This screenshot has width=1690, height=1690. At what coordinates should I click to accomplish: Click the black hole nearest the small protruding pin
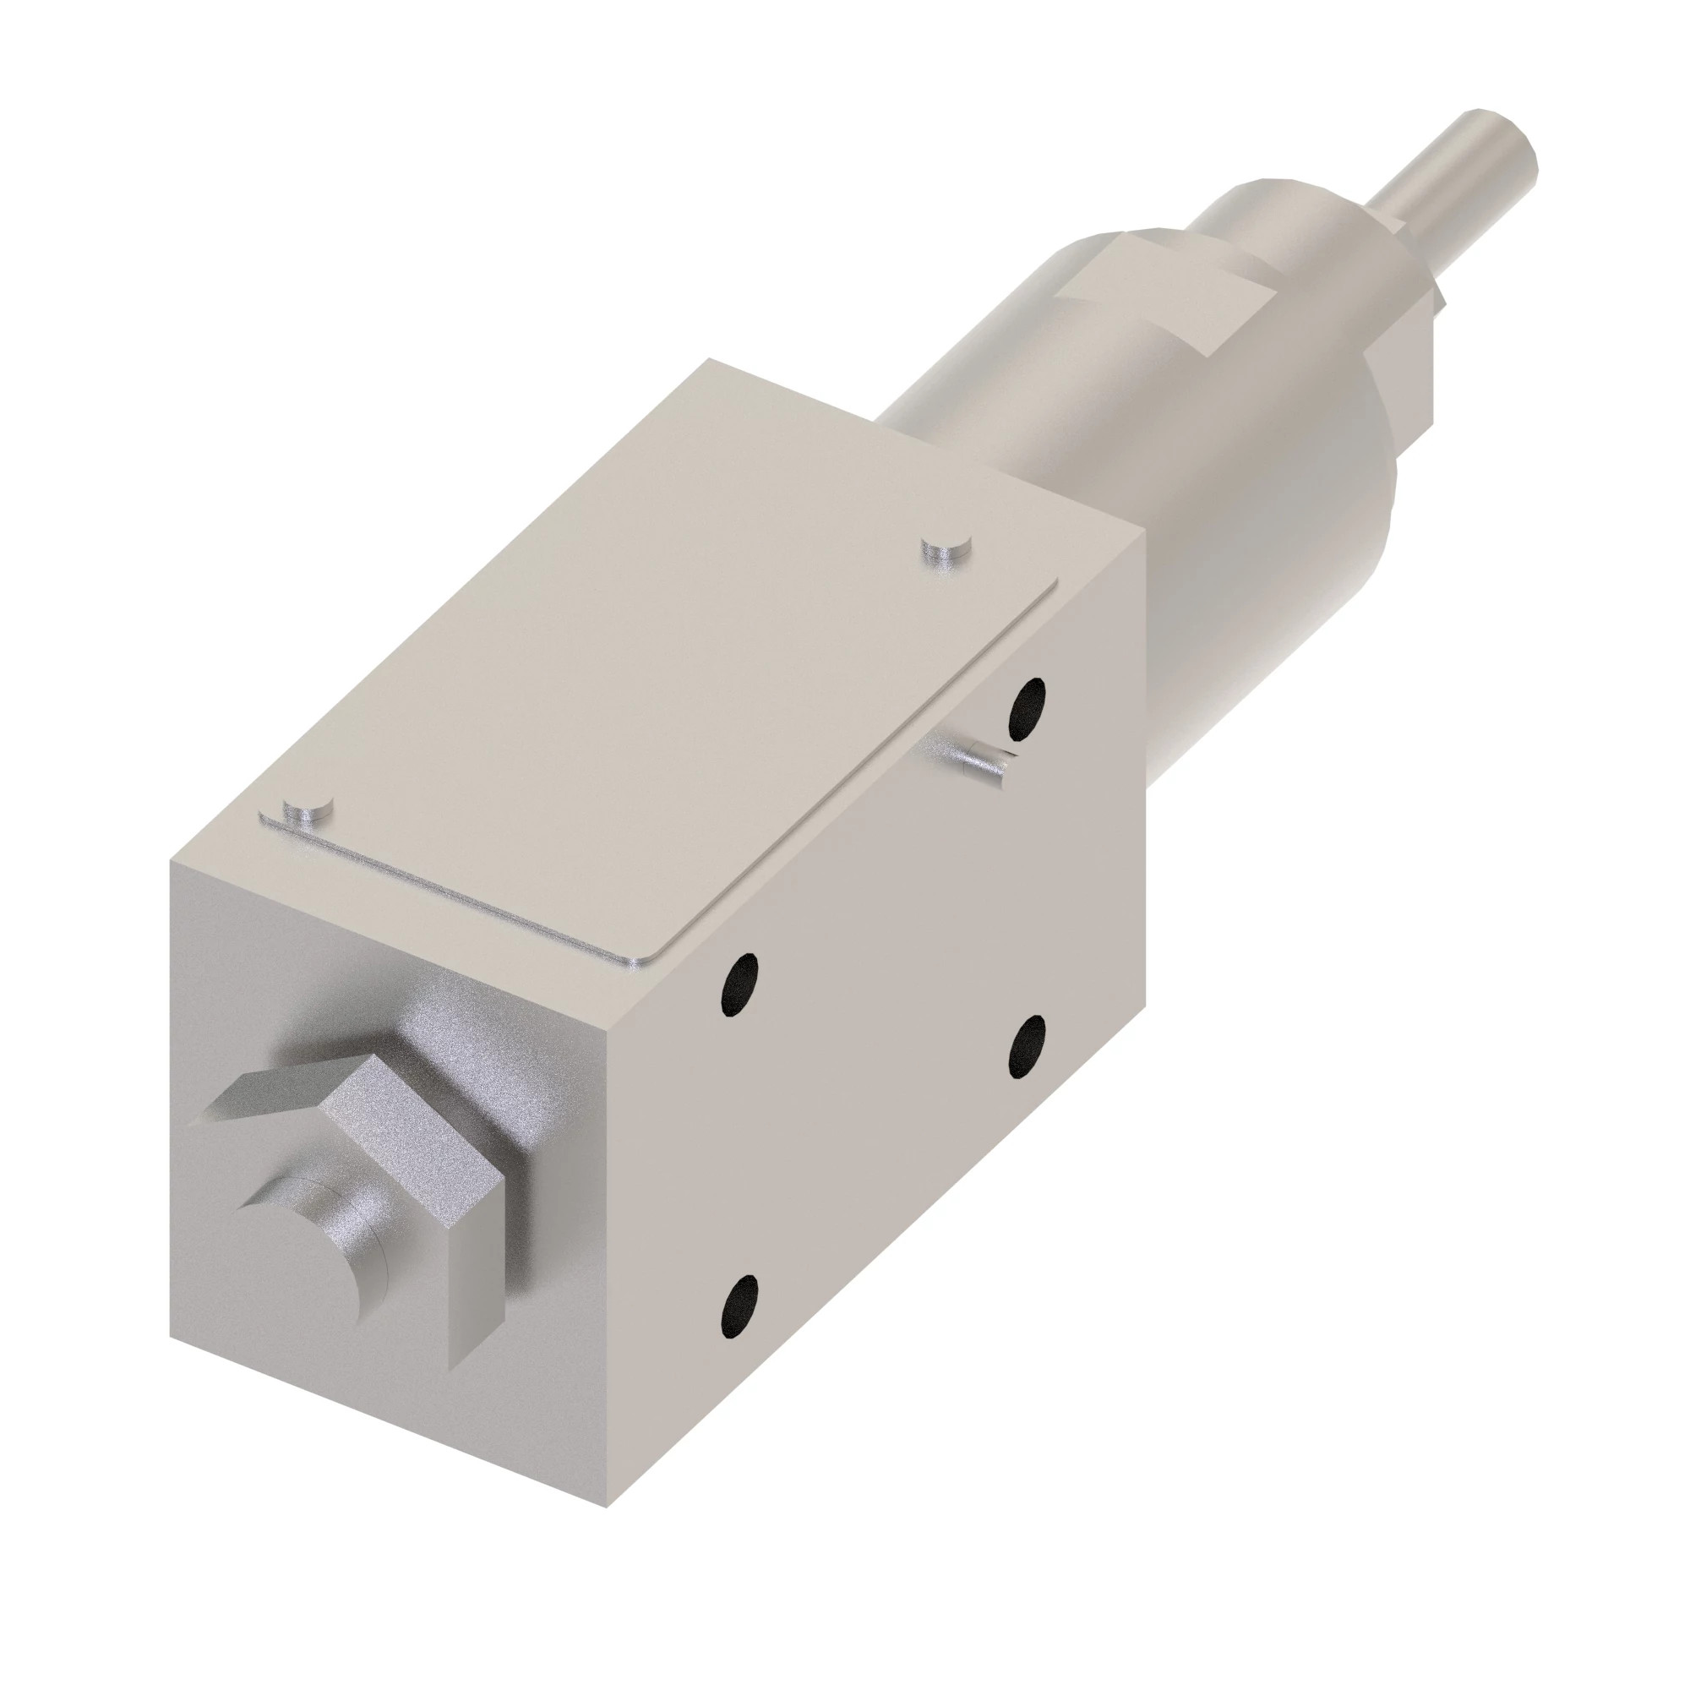click(x=1027, y=706)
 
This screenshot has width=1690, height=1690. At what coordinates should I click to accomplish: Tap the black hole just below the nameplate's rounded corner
click(x=739, y=984)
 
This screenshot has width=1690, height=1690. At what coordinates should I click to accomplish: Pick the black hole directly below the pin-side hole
click(x=1027, y=1046)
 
